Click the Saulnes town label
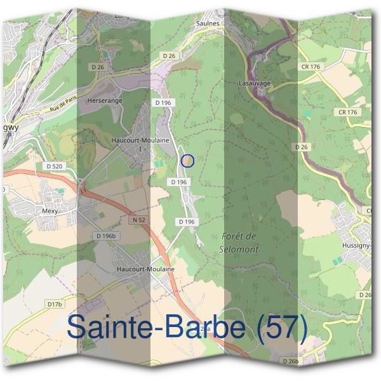pos(208,23)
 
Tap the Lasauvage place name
pos(255,83)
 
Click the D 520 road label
pos(55,166)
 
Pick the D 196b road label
pos(106,236)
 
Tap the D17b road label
pos(55,305)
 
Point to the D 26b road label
pos(291,360)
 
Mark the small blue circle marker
pos(187,161)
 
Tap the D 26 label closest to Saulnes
pos(168,56)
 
